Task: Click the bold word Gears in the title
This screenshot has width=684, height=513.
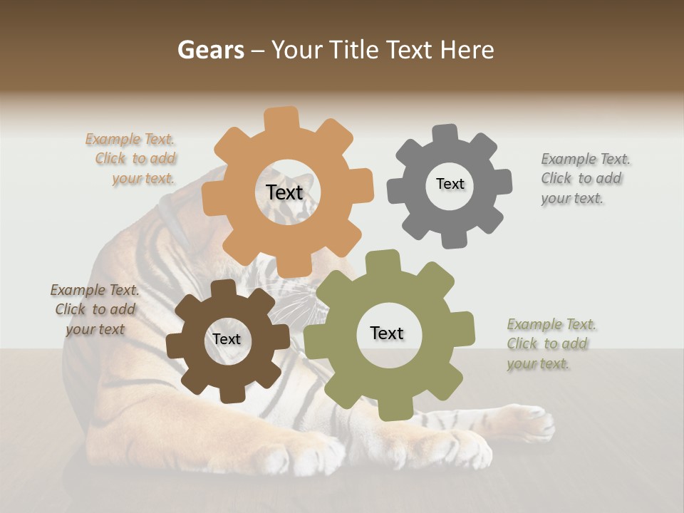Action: point(211,50)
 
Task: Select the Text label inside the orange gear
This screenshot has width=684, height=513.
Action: point(284,192)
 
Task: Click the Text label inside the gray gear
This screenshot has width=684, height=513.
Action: point(450,184)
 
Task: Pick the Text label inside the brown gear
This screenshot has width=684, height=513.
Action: point(226,339)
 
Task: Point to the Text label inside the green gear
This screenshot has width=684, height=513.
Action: point(386,333)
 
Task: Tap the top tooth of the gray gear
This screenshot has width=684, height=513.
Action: point(445,135)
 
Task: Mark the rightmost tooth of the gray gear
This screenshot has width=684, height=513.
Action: point(502,182)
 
